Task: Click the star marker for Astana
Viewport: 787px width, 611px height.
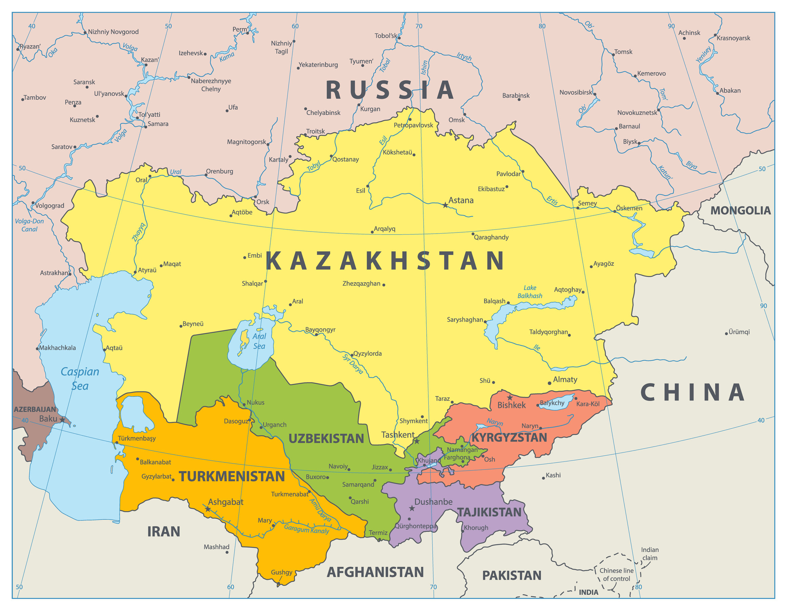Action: click(445, 205)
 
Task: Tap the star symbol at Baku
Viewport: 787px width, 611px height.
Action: click(62, 420)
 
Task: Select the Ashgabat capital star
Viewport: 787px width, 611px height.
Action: click(208, 509)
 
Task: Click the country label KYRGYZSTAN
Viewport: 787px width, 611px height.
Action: click(509, 438)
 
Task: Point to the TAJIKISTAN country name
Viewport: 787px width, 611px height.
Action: click(489, 512)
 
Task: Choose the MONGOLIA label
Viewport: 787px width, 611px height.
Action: click(740, 211)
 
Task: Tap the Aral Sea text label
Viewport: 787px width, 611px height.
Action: click(259, 341)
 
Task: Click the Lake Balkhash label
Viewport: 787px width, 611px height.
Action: click(530, 292)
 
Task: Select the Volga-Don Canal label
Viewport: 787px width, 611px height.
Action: click(29, 225)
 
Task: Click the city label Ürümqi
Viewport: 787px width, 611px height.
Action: click(739, 332)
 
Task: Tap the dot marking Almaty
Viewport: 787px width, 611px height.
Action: click(550, 383)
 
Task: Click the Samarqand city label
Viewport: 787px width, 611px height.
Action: click(358, 484)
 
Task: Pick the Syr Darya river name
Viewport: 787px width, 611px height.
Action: click(353, 364)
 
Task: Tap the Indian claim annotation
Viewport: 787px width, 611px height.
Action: click(650, 554)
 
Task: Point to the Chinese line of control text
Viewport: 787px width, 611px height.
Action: click(616, 575)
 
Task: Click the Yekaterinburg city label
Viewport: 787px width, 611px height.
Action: click(318, 65)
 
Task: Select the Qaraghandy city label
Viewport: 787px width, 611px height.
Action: click(491, 237)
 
